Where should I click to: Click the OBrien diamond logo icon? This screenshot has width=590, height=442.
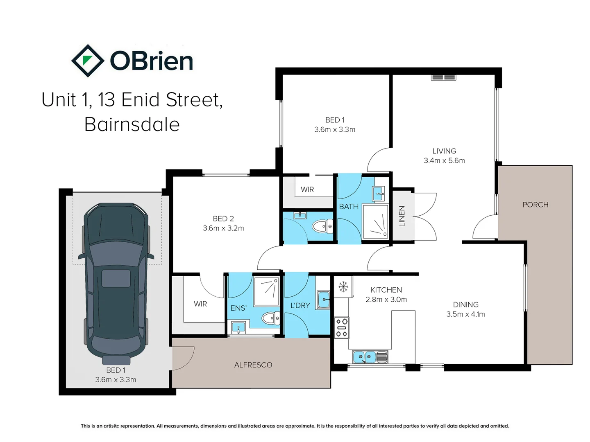88,61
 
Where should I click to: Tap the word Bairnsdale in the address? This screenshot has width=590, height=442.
132,124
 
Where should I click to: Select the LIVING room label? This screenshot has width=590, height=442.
444,151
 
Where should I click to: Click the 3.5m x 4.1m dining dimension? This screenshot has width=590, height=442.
465,314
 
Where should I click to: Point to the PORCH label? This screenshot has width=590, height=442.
535,205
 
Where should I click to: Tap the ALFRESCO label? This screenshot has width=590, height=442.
253,365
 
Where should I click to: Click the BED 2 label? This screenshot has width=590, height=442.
223,219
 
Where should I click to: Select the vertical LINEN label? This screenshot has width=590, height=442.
402,216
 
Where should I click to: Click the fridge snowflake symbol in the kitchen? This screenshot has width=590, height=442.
343,286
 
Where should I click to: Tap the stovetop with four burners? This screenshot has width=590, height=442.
342,327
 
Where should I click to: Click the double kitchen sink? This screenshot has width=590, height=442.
370,357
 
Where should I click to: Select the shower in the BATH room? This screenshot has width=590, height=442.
375,222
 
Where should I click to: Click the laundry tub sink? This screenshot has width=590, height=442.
324,300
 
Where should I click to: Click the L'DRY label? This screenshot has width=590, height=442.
300,305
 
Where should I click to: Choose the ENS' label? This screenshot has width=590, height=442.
239,308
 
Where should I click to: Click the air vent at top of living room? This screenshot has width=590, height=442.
443,78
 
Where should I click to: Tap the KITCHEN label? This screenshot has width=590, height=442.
386,290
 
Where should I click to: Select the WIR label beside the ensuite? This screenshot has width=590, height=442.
200,304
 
